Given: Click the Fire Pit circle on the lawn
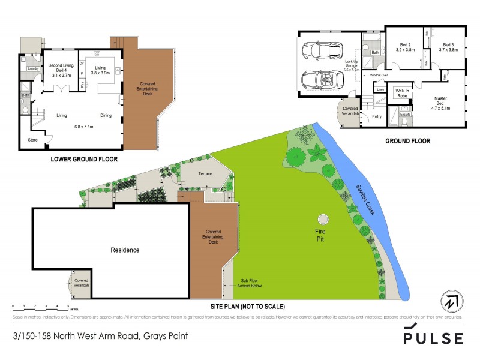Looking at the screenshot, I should click(323, 218).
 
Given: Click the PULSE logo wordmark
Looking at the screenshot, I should click(433, 337).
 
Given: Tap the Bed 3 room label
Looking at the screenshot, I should click(449, 47).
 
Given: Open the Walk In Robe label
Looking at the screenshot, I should click(401, 93).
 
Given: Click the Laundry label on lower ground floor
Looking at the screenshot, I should click(33, 69).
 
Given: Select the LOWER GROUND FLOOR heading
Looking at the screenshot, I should click(84, 160).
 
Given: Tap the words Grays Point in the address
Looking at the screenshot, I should click(164, 336).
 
